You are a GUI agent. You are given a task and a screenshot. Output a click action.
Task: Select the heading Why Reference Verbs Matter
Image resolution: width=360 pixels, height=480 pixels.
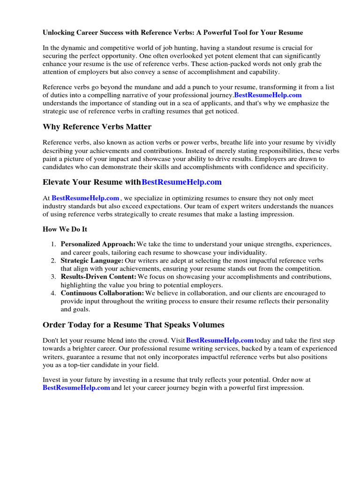click(97, 127)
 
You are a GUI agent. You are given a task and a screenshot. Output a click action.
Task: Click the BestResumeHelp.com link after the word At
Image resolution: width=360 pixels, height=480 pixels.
click(85, 198)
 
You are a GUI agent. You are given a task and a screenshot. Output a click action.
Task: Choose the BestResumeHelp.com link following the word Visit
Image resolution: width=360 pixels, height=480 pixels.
click(220, 340)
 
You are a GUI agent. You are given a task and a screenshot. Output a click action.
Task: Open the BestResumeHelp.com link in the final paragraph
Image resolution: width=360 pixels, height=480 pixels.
click(76, 388)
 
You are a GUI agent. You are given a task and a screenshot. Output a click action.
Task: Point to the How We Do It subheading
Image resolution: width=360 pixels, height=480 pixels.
click(65, 229)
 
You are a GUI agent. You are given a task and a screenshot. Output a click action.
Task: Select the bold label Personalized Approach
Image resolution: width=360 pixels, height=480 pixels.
click(98, 244)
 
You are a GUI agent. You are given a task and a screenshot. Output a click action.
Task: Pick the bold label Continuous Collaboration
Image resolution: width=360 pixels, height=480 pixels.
click(102, 293)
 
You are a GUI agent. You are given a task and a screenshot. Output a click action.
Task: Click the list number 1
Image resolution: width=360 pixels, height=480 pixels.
click(53, 244)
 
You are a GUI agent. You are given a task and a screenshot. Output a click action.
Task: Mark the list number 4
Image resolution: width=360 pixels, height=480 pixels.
click(53, 293)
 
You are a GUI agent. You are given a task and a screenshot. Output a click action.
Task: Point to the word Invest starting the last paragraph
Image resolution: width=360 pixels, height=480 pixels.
click(51, 380)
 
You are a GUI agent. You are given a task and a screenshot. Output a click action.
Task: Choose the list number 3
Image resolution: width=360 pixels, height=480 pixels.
click(53, 277)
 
